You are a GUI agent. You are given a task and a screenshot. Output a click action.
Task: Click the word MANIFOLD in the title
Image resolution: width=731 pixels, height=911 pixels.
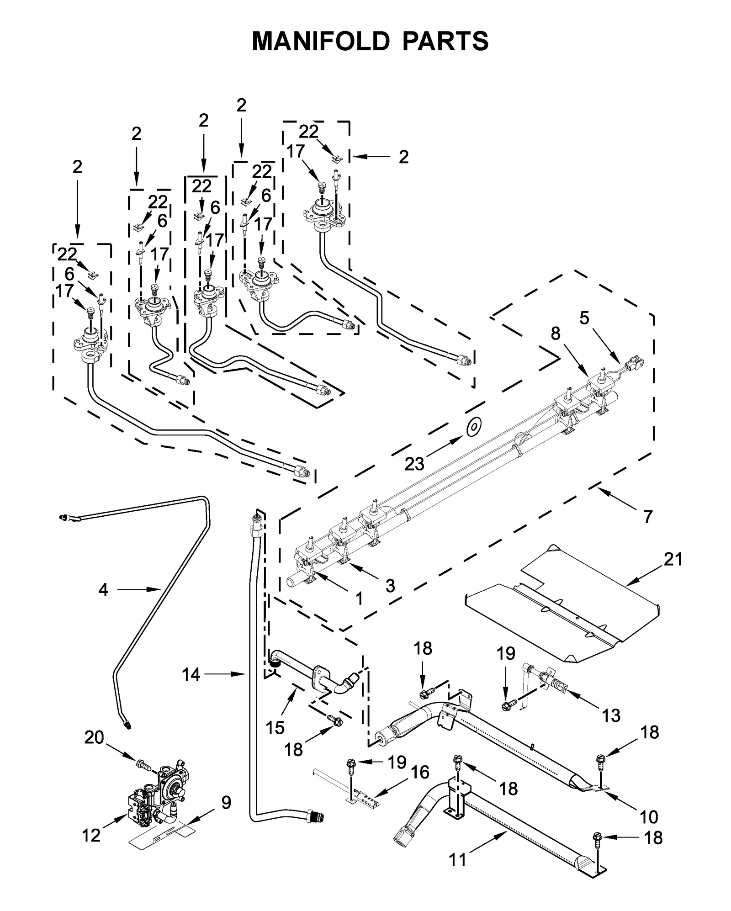coord(321,42)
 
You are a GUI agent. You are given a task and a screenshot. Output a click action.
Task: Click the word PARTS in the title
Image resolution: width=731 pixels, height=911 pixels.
coord(445,42)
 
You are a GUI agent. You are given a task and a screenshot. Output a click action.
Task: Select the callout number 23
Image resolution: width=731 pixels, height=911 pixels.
coord(414,464)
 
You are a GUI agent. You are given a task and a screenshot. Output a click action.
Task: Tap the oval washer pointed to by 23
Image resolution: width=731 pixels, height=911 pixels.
coord(474,427)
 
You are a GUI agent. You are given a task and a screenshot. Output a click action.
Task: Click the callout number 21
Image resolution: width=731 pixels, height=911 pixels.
coord(673,559)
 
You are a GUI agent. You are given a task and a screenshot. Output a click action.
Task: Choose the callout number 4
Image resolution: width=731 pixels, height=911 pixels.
coord(103,590)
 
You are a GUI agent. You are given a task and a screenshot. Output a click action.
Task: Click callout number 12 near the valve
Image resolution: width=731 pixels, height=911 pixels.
coord(91,836)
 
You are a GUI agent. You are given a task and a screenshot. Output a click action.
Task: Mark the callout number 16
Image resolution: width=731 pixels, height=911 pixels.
coord(420,772)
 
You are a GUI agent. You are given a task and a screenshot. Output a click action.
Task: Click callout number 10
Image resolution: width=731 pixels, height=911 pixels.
coord(649,816)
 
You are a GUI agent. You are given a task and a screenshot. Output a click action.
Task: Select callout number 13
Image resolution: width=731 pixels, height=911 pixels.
coord(611,715)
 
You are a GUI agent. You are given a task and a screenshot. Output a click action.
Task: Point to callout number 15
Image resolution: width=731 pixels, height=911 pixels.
coord(275,727)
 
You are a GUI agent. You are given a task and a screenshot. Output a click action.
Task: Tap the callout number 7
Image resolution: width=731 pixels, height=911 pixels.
coord(648,517)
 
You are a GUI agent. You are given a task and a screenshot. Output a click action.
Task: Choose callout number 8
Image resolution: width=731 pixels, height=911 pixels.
coord(555,334)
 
